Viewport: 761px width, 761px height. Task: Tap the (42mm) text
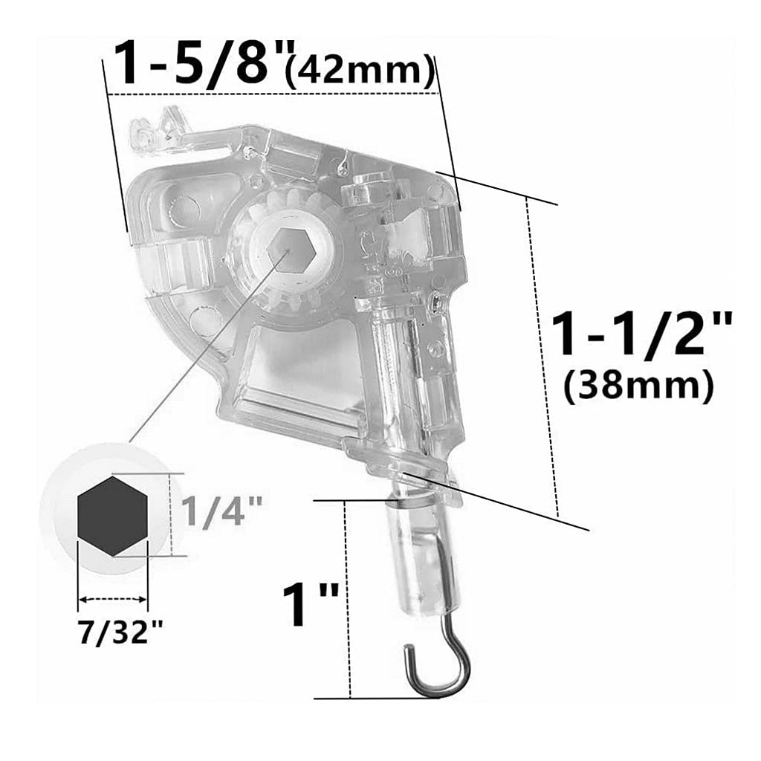pos(360,72)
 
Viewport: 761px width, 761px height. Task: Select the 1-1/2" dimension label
pos(641,335)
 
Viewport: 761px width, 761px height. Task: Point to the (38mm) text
pos(638,386)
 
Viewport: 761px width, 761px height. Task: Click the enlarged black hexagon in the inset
pos(112,516)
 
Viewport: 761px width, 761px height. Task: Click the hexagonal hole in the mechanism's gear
pos(291,248)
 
